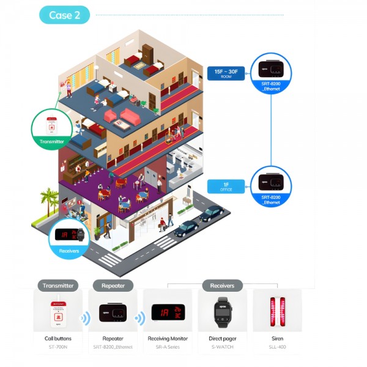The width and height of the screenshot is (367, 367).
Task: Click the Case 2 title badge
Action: [64, 15]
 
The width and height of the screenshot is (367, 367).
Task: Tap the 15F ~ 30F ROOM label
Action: [226, 73]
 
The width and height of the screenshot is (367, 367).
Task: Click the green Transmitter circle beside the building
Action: [51, 130]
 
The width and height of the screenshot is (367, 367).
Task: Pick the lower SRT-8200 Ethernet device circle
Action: [271, 186]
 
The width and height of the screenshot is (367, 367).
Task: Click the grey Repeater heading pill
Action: [113, 285]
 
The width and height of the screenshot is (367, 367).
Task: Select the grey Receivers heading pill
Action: [222, 285]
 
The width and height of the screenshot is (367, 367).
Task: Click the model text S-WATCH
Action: [222, 347]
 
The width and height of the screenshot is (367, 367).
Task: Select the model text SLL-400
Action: [277, 347]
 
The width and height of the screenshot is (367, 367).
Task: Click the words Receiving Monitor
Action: [167, 338]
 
